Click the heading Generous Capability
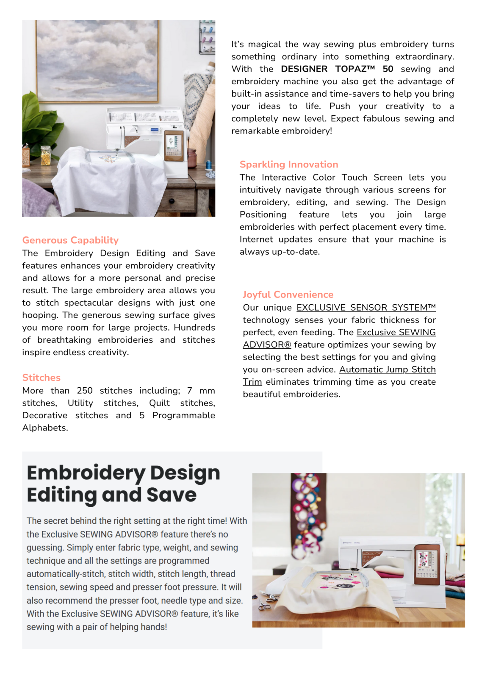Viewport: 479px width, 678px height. pos(70,240)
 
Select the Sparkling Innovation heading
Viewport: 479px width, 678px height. pos(289,164)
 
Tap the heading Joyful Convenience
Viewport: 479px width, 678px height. pos(288,295)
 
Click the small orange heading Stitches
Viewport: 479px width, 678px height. pos(42,378)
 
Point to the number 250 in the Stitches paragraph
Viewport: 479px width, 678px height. pos(85,391)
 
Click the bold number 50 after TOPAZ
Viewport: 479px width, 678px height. pos(388,69)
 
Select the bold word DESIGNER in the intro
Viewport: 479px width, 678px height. pos(304,69)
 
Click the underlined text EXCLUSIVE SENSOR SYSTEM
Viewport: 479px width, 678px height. pos(366,308)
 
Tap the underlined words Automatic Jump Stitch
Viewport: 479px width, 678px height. pos(387,370)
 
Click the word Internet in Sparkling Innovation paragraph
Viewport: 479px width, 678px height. pos(256,239)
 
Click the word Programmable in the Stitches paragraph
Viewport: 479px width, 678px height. pos(183,415)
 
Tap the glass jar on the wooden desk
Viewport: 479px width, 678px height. pos(45,156)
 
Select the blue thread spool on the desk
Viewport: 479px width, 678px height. pos(208,165)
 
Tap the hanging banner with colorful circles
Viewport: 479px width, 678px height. pos(308,508)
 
